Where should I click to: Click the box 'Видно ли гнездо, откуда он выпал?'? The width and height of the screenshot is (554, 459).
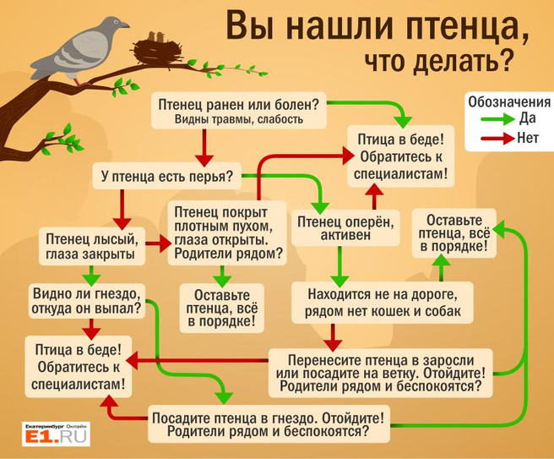(87, 301)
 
